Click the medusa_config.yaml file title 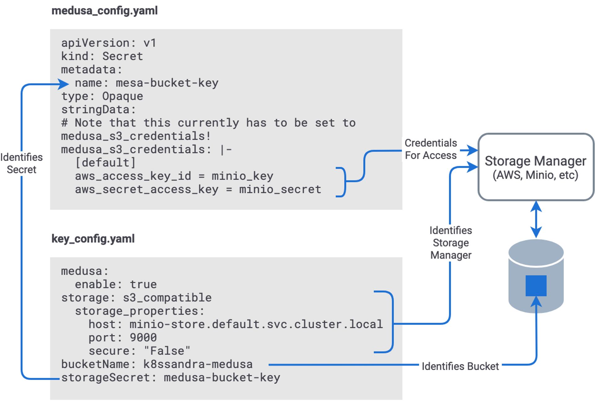click(104, 11)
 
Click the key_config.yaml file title click(93, 239)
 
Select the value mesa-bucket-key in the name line click(167, 83)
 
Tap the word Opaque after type click(123, 96)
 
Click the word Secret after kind click(123, 56)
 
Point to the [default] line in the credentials click(105, 163)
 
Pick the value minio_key click(242, 176)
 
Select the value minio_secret click(280, 189)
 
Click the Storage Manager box click(535, 167)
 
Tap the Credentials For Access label click(431, 149)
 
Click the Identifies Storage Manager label click(451, 243)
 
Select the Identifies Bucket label click(460, 366)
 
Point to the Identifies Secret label click(21, 163)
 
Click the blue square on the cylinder click(536, 286)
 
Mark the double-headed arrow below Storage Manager click(536, 219)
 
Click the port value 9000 click(143, 338)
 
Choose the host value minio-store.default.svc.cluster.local click(256, 324)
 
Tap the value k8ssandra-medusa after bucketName click(198, 364)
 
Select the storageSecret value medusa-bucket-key click(222, 377)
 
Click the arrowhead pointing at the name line click(64, 84)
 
